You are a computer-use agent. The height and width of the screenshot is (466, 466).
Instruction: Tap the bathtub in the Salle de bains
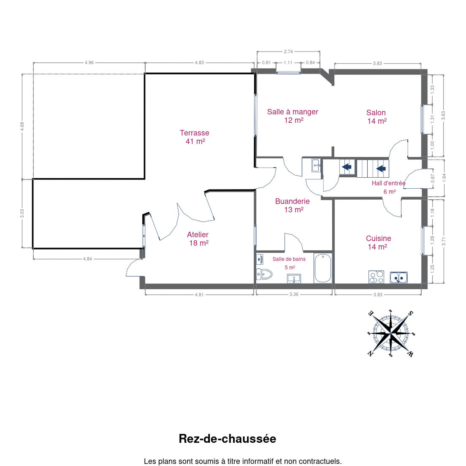tap(323, 268)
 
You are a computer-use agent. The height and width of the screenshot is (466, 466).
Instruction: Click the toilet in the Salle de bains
tap(264, 274)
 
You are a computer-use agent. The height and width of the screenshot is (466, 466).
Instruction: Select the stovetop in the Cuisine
tap(376, 277)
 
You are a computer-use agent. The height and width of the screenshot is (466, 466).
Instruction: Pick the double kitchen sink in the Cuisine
tap(399, 277)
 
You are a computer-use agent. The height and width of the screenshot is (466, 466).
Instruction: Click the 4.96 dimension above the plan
tap(89, 63)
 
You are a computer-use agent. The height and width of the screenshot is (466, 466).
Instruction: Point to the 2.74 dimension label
tap(288, 51)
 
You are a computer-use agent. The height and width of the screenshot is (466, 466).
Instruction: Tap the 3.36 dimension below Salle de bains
tap(294, 294)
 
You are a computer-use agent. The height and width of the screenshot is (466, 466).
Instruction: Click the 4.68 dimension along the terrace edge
tap(22, 126)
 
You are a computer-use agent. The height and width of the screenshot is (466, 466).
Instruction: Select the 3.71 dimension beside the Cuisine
tap(444, 241)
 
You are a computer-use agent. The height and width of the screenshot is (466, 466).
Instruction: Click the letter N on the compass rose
tap(370, 354)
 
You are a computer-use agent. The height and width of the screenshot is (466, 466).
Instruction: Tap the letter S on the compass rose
tap(410, 313)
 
